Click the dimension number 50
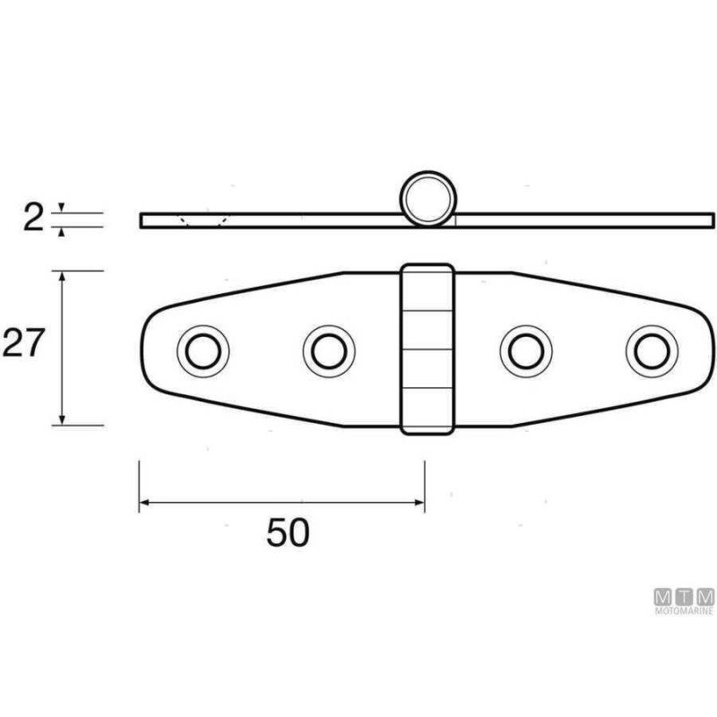[x=288, y=532]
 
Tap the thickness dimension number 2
[x=33, y=218]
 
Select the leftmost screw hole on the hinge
[x=203, y=349]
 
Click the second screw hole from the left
[x=328, y=350]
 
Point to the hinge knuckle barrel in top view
[x=427, y=349]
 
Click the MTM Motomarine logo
[x=684, y=600]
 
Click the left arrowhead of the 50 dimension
[x=144, y=502]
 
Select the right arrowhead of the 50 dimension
[x=419, y=502]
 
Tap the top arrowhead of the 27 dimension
[x=62, y=277]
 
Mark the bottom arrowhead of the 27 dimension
[x=62, y=419]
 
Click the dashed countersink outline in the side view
[x=203, y=220]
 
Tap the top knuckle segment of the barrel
[x=427, y=287]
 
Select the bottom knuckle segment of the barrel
[x=427, y=411]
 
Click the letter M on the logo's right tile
[x=706, y=595]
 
